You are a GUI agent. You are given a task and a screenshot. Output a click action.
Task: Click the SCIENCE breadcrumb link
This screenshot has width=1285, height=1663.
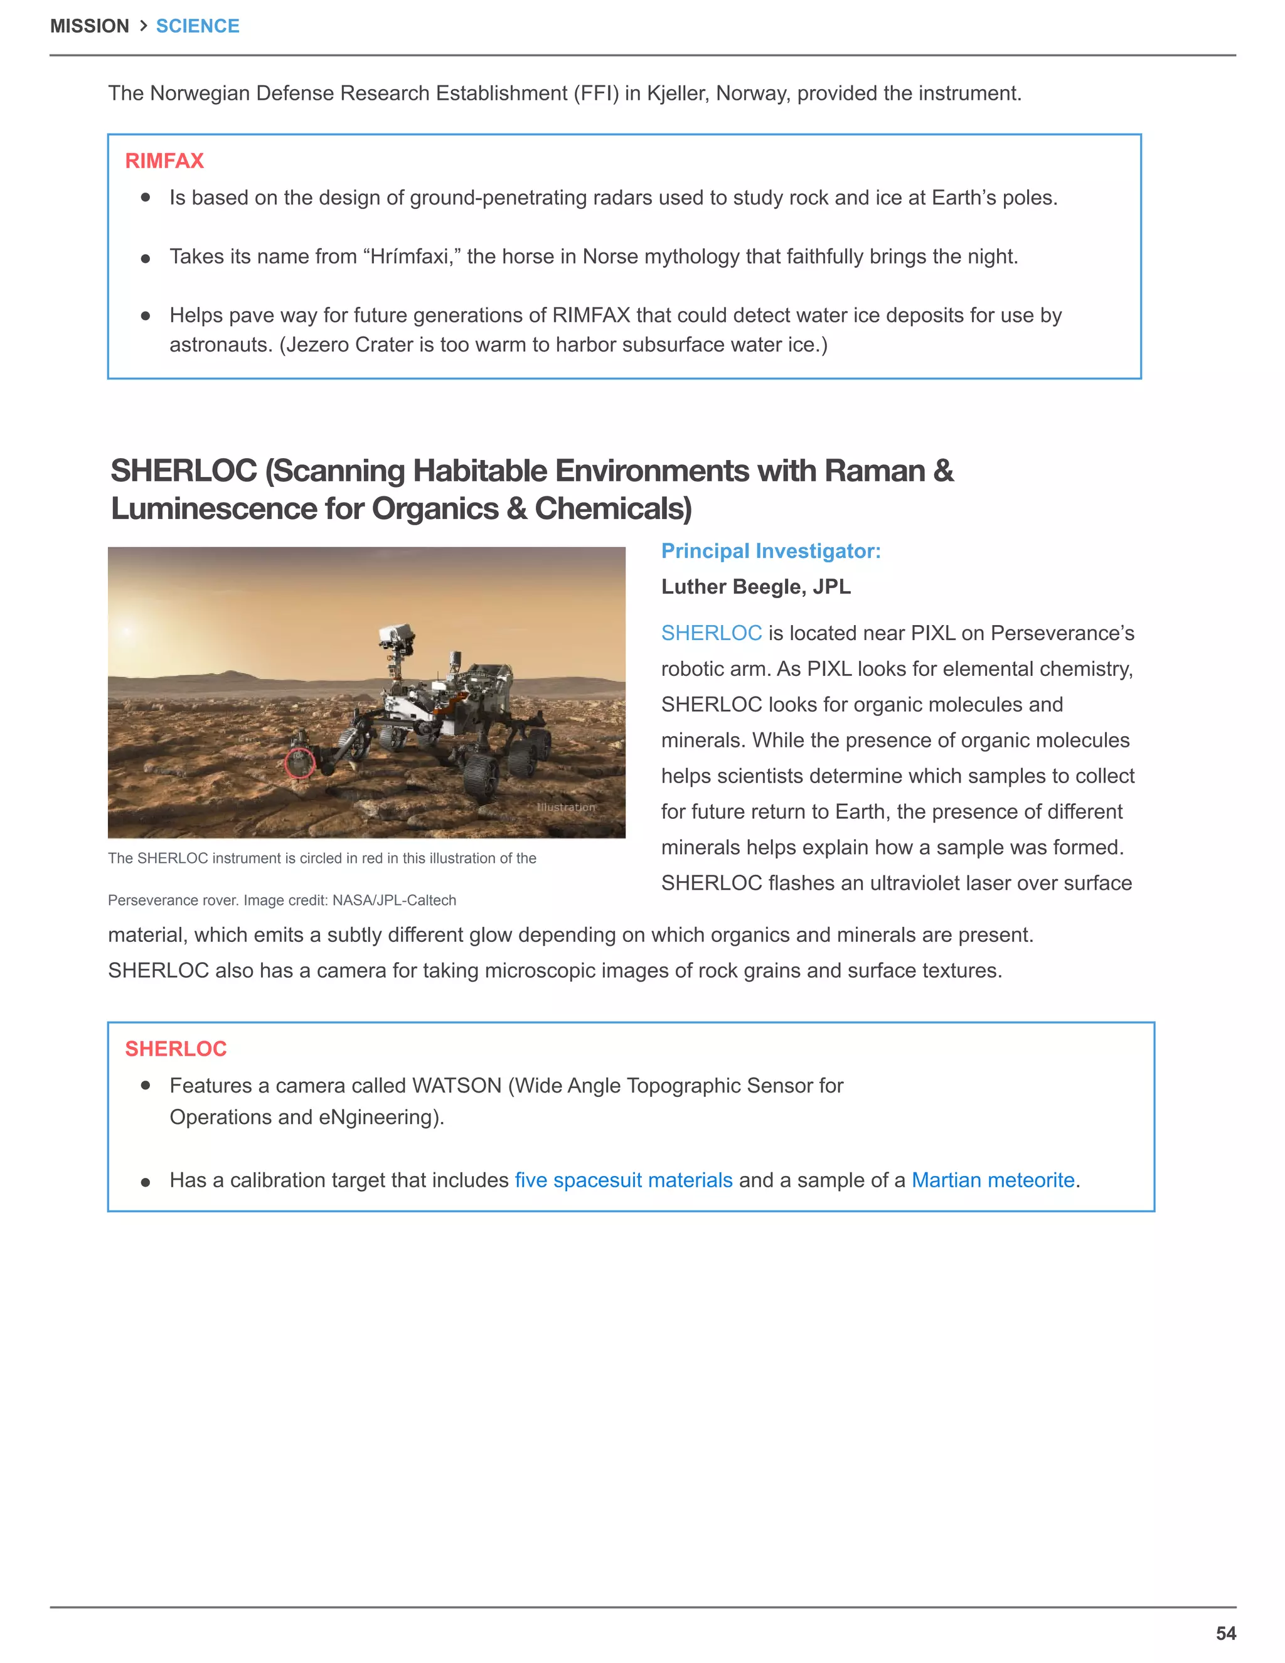tap(197, 26)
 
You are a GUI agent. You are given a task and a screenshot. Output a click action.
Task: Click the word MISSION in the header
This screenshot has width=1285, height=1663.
tap(89, 26)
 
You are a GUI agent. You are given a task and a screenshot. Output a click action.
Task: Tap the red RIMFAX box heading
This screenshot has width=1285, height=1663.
tap(164, 161)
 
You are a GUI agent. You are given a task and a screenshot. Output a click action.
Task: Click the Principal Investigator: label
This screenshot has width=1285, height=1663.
tap(770, 550)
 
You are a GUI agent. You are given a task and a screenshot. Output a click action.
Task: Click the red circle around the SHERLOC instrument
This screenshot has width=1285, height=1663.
tap(299, 762)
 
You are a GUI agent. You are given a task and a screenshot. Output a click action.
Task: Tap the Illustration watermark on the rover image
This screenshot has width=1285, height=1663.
tap(565, 807)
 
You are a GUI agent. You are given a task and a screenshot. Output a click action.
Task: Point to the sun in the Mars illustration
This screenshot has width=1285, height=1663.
tap(126, 631)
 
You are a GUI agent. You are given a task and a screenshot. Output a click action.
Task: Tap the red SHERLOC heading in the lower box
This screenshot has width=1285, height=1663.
tap(176, 1049)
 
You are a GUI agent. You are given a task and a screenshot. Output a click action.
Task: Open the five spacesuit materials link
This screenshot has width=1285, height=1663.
tap(624, 1180)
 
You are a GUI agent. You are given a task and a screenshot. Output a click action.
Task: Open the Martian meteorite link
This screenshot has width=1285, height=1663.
tap(993, 1180)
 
